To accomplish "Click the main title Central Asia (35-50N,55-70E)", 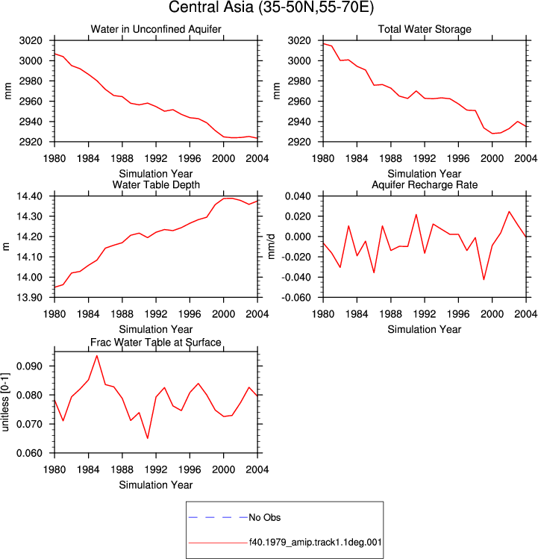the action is click(x=271, y=7).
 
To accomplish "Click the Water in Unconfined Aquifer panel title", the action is click(x=156, y=29).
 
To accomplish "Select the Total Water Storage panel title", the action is click(x=425, y=29).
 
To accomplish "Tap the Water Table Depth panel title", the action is click(x=156, y=184).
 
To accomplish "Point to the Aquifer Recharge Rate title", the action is click(x=425, y=184).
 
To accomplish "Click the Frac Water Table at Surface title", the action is click(x=156, y=343).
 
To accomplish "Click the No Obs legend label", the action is click(x=265, y=517).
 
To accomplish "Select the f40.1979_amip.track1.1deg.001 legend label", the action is click(x=315, y=543).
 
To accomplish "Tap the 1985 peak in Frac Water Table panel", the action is click(x=96, y=355).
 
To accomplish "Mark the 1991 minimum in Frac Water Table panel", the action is click(x=148, y=438).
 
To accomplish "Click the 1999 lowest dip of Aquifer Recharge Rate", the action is click(x=484, y=279).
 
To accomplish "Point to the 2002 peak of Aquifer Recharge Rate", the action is click(x=509, y=211).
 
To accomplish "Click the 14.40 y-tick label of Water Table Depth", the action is click(x=29, y=196).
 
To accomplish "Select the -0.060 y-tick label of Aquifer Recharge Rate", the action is click(x=296, y=297).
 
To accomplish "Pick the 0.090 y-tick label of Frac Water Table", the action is click(x=29, y=366).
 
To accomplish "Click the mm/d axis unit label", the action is click(x=272, y=246).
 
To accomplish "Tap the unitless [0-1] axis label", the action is click(x=5, y=402).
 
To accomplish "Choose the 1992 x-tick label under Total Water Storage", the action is click(x=425, y=158).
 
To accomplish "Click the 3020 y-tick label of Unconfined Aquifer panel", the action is click(x=31, y=40).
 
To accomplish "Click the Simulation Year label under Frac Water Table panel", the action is click(x=156, y=485).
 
